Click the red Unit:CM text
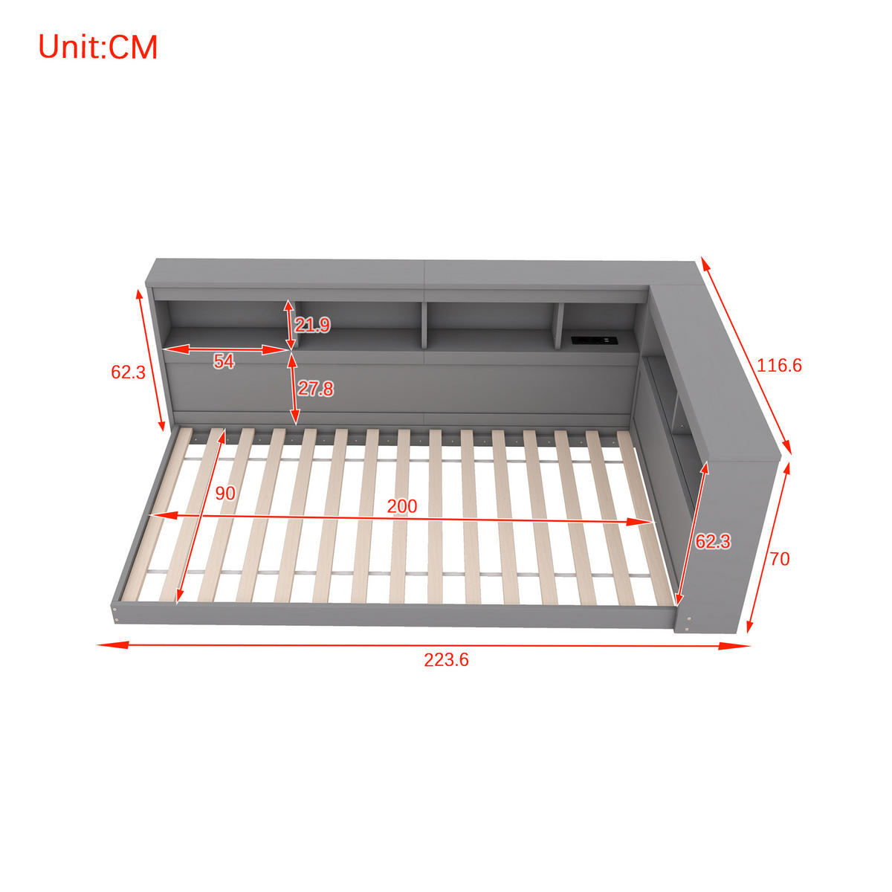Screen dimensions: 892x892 (x=97, y=47)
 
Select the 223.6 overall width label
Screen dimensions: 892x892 (x=446, y=660)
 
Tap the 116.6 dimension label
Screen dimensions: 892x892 (x=779, y=366)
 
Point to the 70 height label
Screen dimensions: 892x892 (x=779, y=559)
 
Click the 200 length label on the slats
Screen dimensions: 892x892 (x=401, y=506)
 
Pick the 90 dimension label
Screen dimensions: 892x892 (x=224, y=494)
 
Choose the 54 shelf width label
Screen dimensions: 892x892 (x=224, y=362)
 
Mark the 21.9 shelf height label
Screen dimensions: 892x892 (x=312, y=325)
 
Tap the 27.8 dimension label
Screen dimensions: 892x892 (x=315, y=388)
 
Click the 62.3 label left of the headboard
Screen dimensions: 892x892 (x=128, y=372)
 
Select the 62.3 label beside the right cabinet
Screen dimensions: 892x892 (x=712, y=542)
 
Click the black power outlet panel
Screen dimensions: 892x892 (x=592, y=340)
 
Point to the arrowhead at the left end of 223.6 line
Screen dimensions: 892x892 (x=104, y=644)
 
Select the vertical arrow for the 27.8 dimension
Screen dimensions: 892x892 (x=293, y=388)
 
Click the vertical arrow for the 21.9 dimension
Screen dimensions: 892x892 (x=289, y=324)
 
